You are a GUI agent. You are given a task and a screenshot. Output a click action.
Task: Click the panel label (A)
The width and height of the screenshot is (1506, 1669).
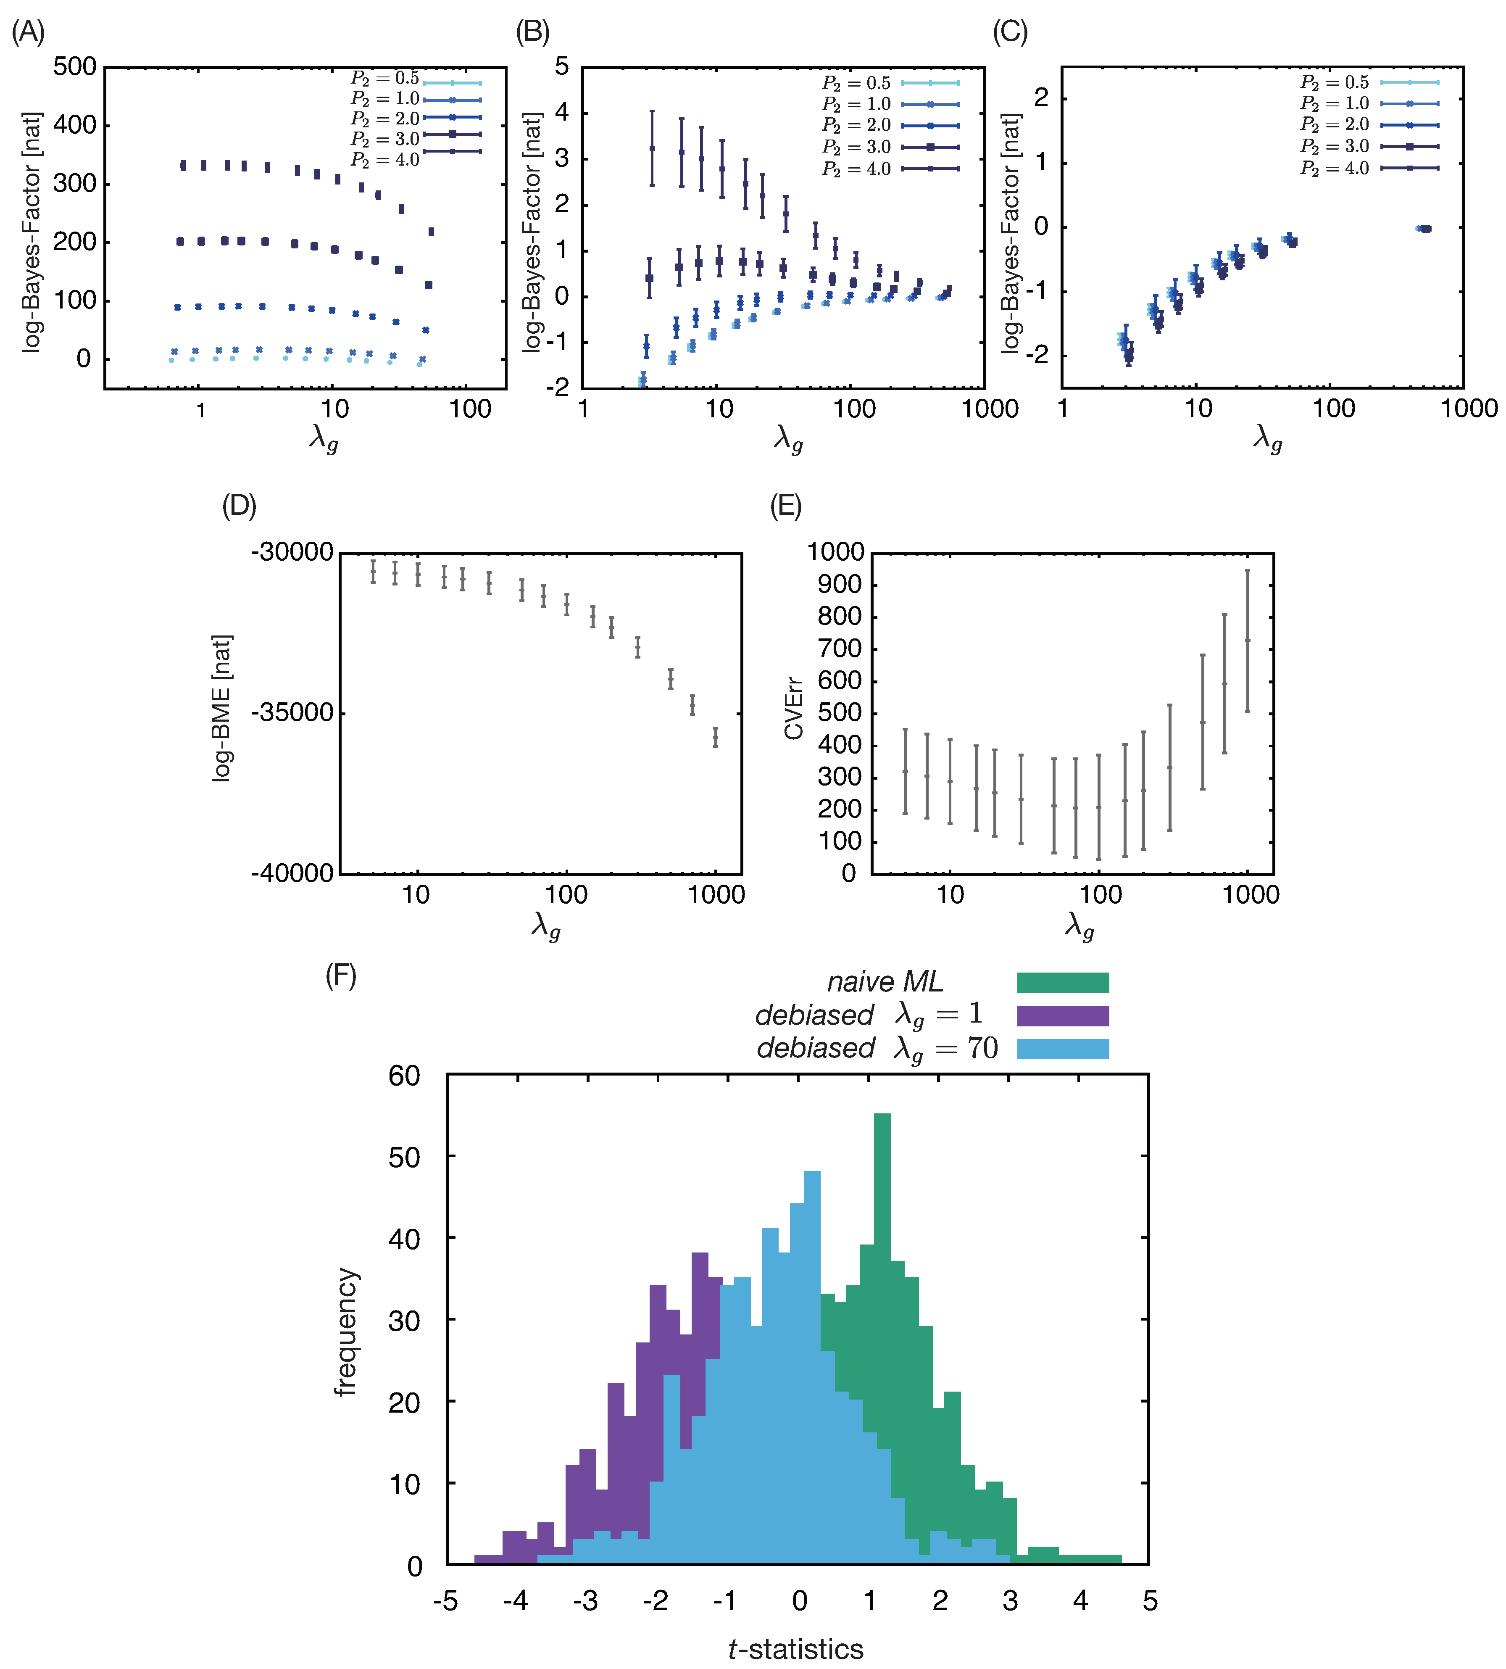tap(28, 32)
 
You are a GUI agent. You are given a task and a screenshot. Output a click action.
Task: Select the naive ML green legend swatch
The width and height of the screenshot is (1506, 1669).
tap(1062, 982)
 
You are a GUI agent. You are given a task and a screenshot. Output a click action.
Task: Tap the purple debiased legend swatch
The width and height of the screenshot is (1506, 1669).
tap(1062, 1015)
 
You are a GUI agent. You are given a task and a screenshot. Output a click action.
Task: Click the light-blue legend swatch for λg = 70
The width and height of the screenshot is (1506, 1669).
tap(1062, 1048)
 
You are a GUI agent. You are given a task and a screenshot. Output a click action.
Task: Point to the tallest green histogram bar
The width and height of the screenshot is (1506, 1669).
tap(882, 1241)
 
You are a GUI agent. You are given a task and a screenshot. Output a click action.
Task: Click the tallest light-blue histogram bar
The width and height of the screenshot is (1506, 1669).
tap(812, 1324)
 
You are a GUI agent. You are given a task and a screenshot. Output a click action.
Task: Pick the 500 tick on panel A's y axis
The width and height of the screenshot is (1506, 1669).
tap(74, 67)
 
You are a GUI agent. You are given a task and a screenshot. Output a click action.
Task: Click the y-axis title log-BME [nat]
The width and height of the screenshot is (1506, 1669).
tap(222, 708)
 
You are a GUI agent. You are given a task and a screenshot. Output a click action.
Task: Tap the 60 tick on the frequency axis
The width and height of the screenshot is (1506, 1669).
tap(405, 1076)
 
